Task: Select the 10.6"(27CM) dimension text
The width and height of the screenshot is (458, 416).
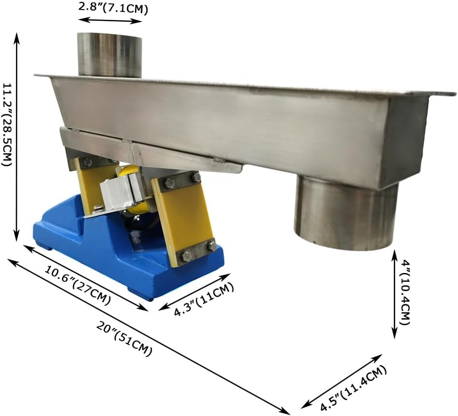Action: tap(77, 285)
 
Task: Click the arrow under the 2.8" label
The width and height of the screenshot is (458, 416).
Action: tap(110, 20)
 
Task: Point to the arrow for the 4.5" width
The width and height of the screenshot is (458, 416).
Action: tap(341, 381)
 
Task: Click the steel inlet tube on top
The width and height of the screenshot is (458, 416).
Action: tap(110, 55)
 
